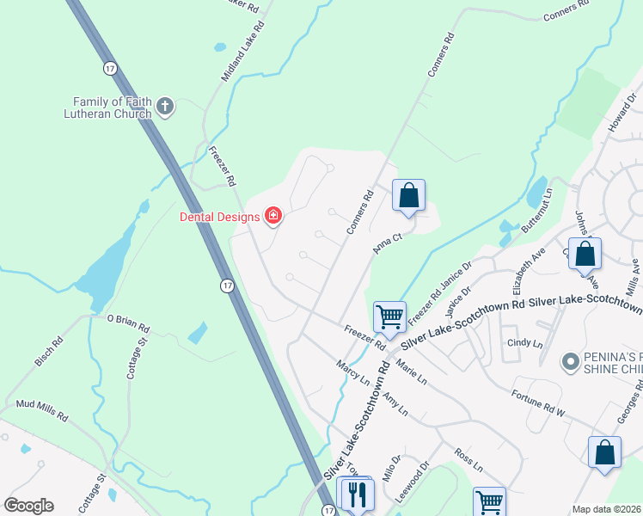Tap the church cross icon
pos(165,107)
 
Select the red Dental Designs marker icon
pos(273,215)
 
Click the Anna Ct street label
pos(388,242)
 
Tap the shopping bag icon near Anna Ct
pos(409,195)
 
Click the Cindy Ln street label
pos(526,342)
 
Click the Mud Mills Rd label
pos(41,408)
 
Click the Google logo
pos(28,506)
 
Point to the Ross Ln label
pos(469,455)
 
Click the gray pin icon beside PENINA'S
pos(568,362)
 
